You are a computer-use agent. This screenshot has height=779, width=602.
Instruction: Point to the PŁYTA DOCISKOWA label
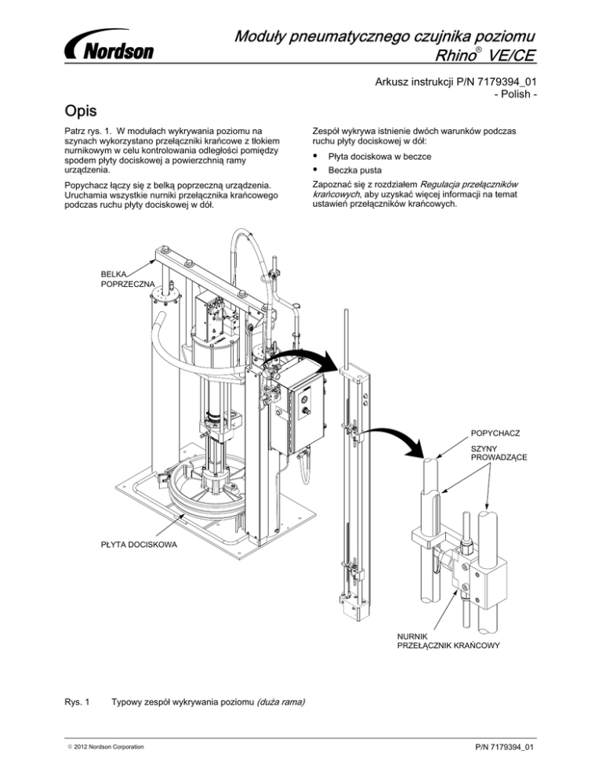(140, 543)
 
